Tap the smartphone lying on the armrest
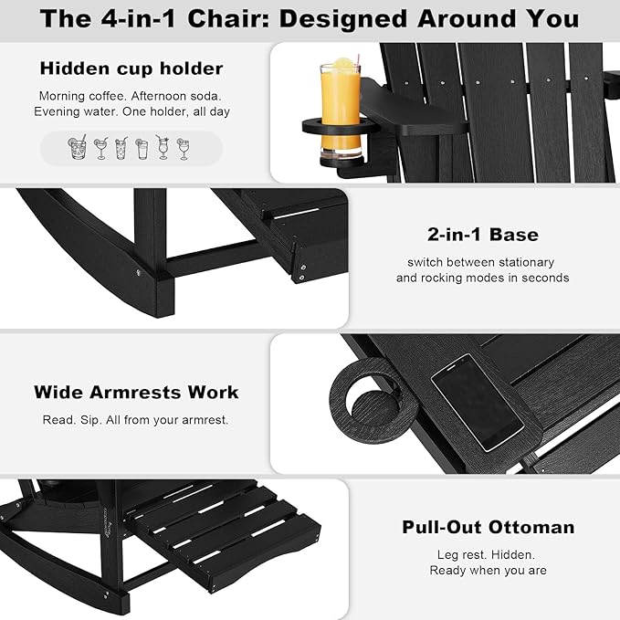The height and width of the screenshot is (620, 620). coord(478,402)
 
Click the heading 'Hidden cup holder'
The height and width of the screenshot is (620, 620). coord(131,68)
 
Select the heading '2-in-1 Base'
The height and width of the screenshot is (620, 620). coord(483,235)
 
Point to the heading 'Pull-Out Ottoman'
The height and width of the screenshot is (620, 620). coord(489,527)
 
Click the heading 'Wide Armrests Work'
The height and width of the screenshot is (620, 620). coord(136,393)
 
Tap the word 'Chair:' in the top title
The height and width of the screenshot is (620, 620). coord(228,18)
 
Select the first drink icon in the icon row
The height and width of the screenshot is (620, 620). coord(78,147)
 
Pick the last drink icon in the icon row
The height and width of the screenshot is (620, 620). coord(183,148)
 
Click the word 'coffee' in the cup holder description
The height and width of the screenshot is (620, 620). coord(106,96)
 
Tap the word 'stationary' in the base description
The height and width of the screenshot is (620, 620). coord(526,262)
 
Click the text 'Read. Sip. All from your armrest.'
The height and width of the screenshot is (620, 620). coord(136,419)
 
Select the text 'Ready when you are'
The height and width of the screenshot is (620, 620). coord(489,570)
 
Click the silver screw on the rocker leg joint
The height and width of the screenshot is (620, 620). coord(139,272)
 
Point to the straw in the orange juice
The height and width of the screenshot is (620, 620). coord(358,59)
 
